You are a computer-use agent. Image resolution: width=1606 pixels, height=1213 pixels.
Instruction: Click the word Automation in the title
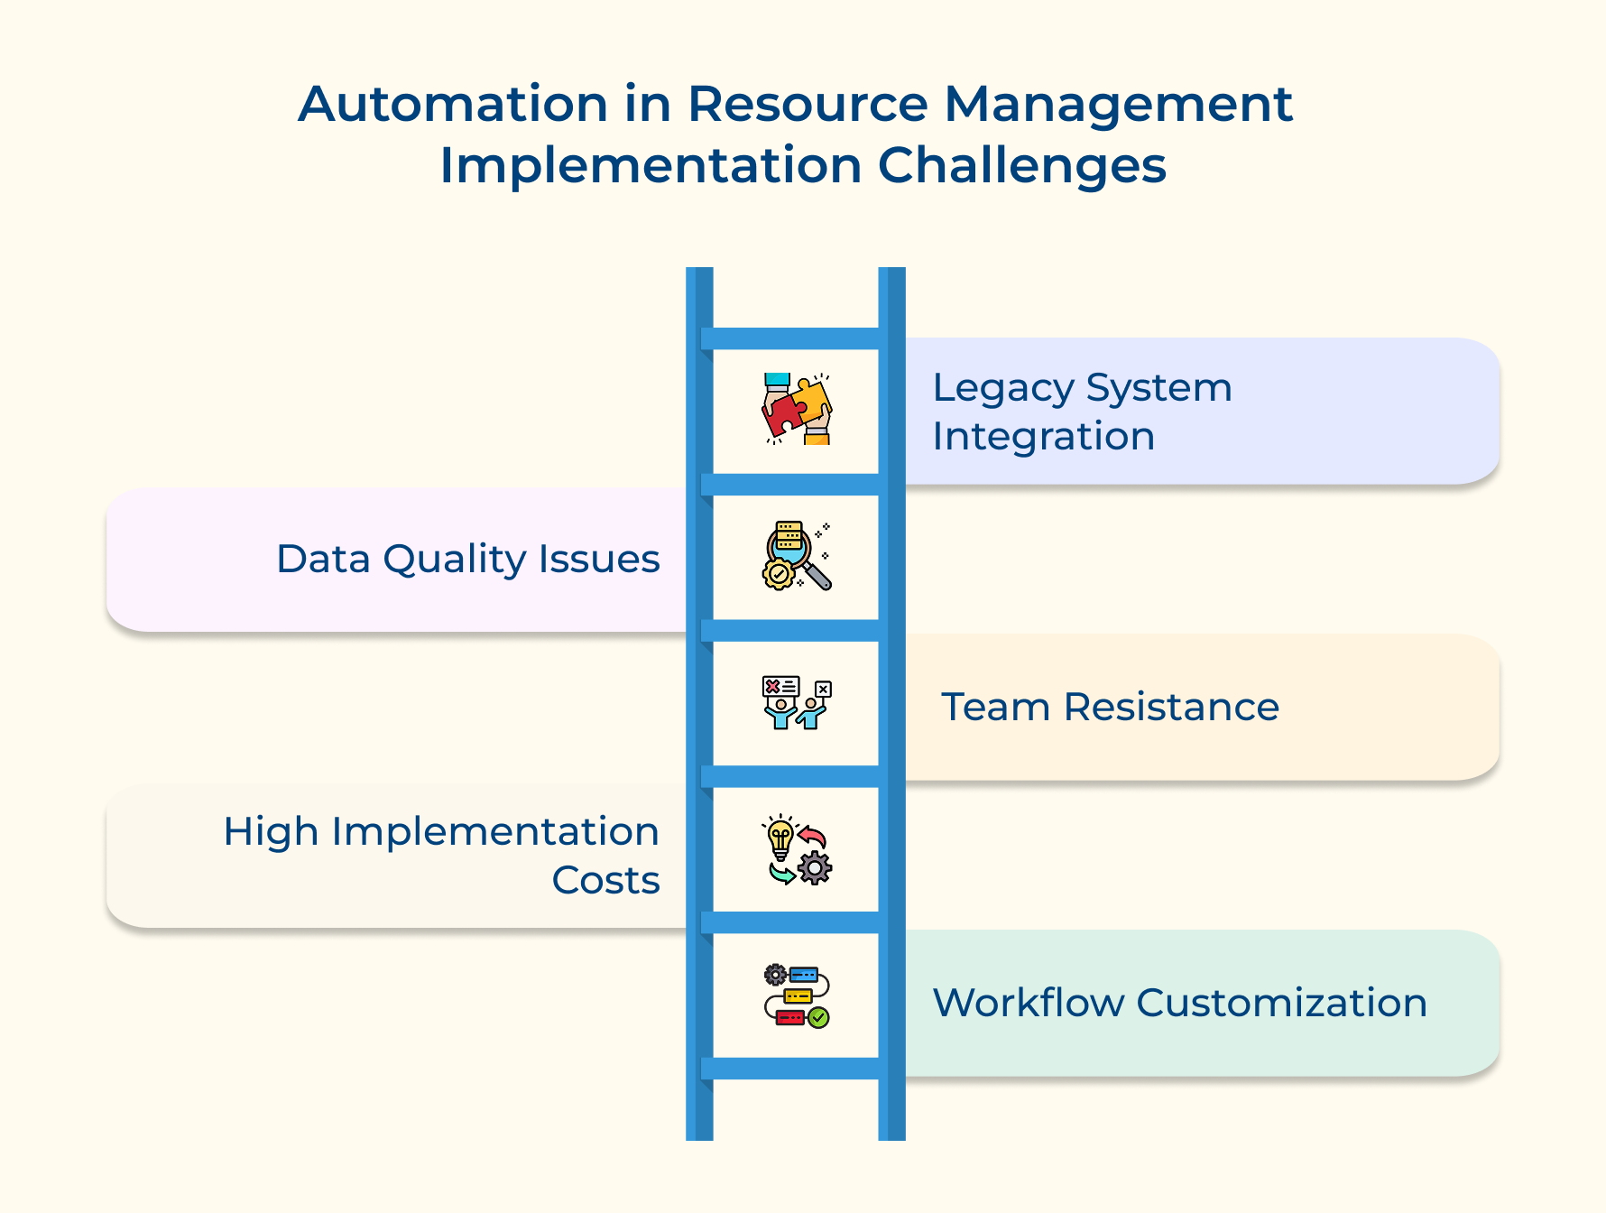pyautogui.click(x=453, y=104)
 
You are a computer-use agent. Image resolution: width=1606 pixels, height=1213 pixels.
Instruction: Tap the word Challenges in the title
pyautogui.click(x=1022, y=166)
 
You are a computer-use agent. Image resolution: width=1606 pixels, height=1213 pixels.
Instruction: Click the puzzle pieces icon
pyautogui.click(x=797, y=409)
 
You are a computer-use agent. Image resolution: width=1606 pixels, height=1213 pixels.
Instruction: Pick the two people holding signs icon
pyautogui.click(x=797, y=703)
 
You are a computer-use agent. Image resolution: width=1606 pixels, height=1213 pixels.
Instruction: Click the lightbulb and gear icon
pyautogui.click(x=797, y=850)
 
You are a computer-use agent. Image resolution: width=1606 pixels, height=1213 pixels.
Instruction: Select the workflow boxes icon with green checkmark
pyautogui.click(x=797, y=996)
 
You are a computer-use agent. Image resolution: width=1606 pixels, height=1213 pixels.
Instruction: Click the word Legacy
pyautogui.click(x=1002, y=389)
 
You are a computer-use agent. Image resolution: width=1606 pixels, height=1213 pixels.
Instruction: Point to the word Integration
pyautogui.click(x=1043, y=437)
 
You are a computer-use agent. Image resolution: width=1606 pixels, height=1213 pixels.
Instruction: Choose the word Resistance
pyautogui.click(x=1171, y=707)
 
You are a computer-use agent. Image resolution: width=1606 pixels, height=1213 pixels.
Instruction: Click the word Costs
pyautogui.click(x=605, y=880)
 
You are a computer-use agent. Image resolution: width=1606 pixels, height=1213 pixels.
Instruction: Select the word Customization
pyautogui.click(x=1281, y=1003)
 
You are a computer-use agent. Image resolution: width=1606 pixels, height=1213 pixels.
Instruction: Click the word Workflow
pyautogui.click(x=1028, y=1003)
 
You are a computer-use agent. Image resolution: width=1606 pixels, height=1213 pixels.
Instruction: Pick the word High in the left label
pyautogui.click(x=270, y=831)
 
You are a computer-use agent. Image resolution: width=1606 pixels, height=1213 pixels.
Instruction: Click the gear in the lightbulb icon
pyautogui.click(x=815, y=867)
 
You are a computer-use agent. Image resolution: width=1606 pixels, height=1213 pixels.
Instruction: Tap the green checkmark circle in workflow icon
pyautogui.click(x=818, y=1018)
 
